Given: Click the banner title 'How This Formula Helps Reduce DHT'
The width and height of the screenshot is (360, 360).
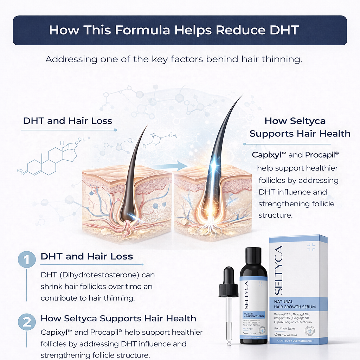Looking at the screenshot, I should pyautogui.click(x=174, y=30).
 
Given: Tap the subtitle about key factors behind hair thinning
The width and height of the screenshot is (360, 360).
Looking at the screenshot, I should pyautogui.click(x=174, y=59).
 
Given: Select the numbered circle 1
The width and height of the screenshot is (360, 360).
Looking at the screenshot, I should pyautogui.click(x=27, y=260).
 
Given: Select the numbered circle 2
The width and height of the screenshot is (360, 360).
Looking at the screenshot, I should pyautogui.click(x=27, y=322).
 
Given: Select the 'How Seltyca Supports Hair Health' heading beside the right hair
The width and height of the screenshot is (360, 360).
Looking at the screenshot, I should pyautogui.click(x=300, y=127).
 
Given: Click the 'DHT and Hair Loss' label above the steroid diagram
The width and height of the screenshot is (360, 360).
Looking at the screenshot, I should pyautogui.click(x=67, y=121).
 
